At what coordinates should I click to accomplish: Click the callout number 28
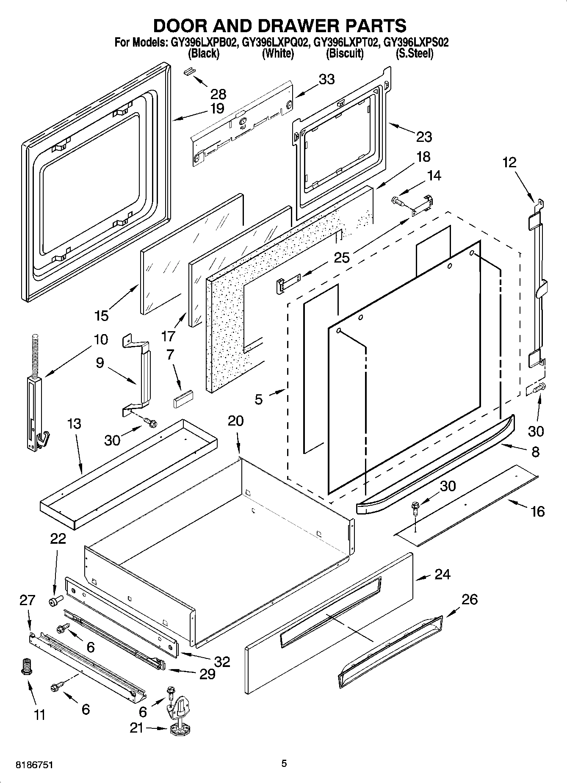click(218, 94)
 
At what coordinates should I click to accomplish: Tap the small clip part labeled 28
click(189, 70)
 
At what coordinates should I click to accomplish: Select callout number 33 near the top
click(326, 79)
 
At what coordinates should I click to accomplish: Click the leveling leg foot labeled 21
click(181, 728)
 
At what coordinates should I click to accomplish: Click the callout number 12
click(510, 162)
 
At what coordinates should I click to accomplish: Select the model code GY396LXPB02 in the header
click(203, 42)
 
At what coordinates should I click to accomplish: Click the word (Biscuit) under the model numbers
click(345, 54)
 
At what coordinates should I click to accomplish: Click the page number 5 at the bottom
click(284, 763)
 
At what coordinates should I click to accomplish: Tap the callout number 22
click(58, 539)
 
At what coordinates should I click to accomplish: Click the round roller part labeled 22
click(55, 600)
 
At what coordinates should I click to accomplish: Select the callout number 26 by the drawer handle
click(469, 599)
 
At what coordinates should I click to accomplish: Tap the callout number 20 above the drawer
click(236, 421)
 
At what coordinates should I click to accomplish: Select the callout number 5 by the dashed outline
click(259, 399)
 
